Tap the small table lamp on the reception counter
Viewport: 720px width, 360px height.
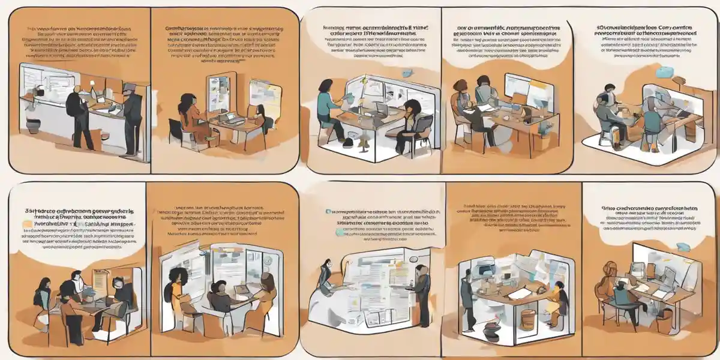pyautogui.click(x=96, y=96)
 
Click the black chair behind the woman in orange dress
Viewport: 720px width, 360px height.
pyautogui.click(x=175, y=133)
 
